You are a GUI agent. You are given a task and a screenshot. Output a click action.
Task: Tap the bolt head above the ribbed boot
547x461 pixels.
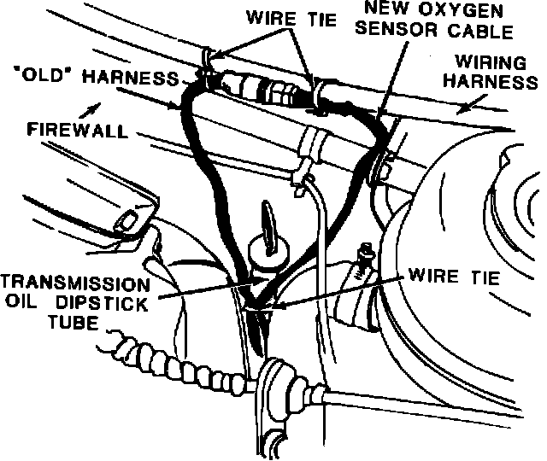(x=366, y=252)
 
